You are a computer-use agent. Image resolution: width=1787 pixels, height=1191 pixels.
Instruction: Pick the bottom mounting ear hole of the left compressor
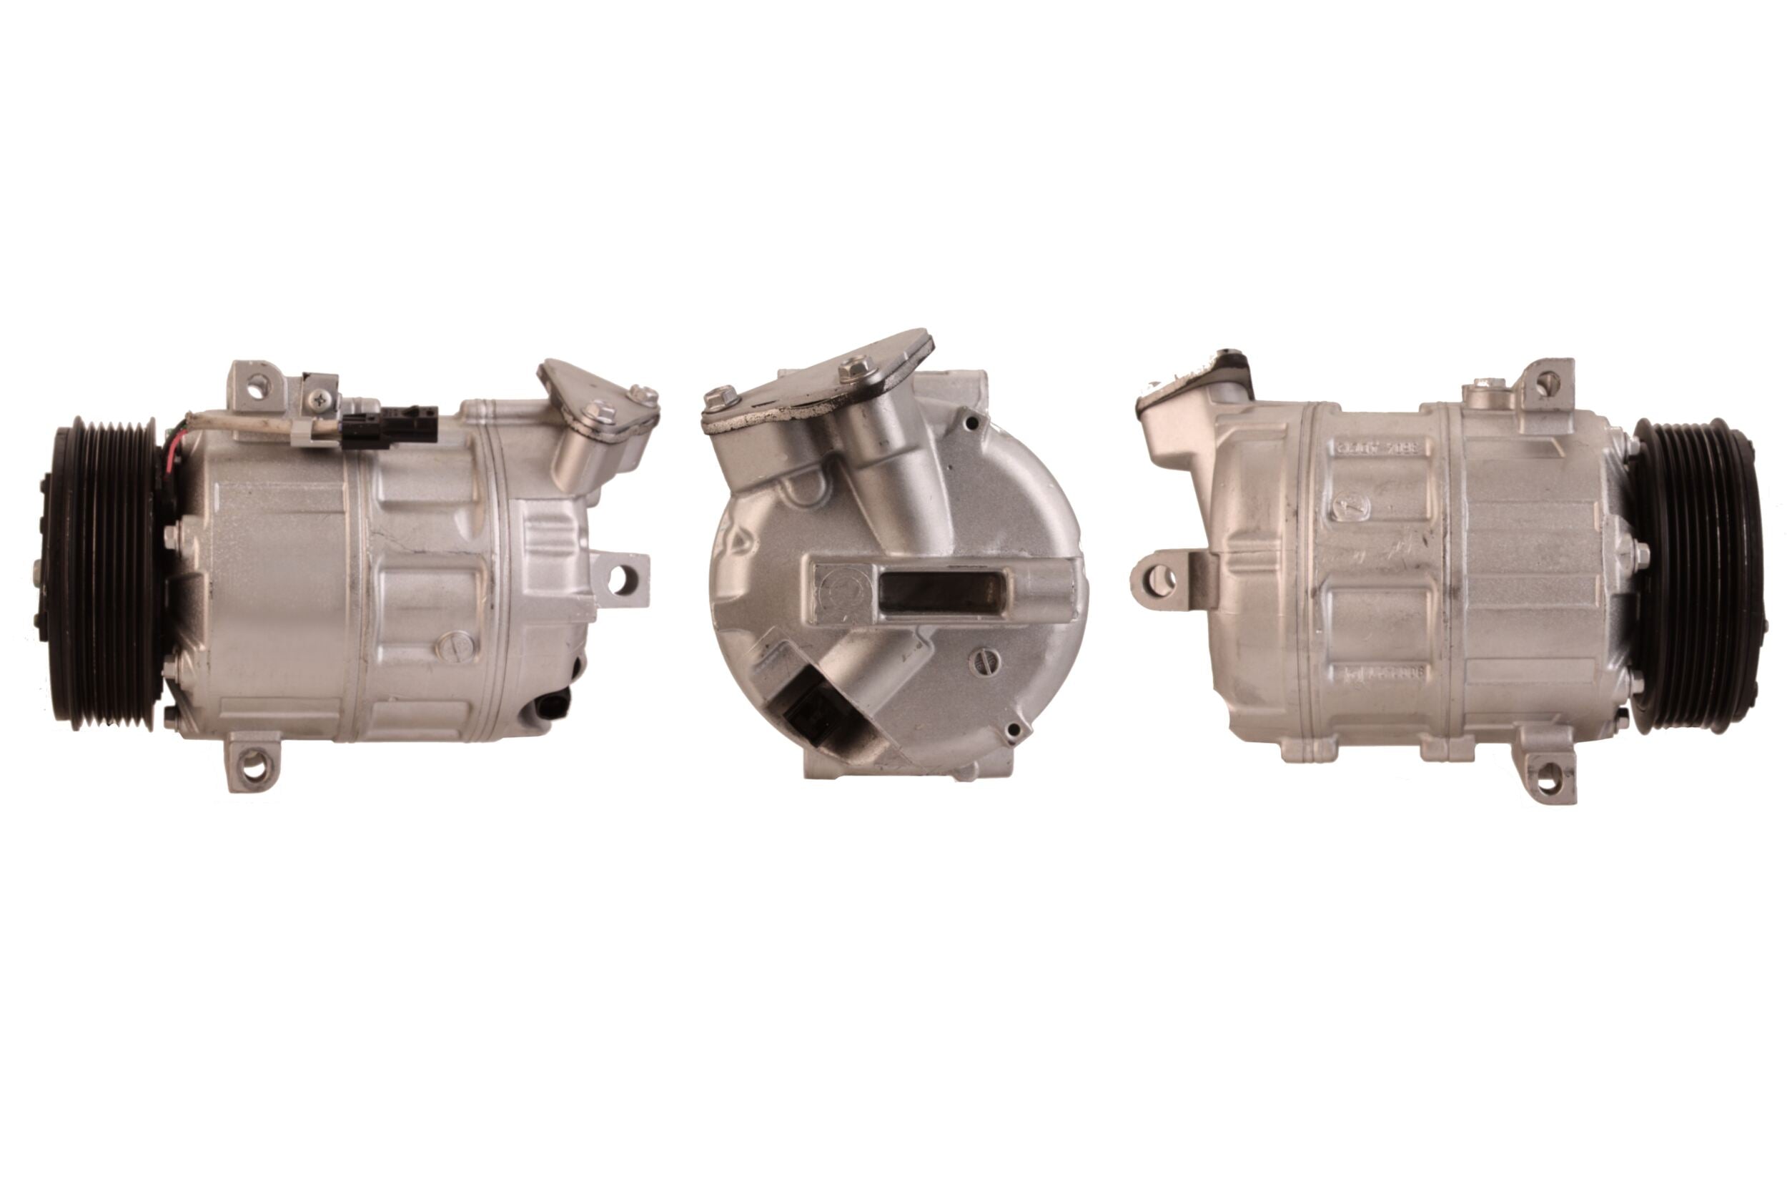click(253, 766)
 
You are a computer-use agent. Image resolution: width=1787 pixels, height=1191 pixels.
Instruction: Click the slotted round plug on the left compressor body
click(455, 646)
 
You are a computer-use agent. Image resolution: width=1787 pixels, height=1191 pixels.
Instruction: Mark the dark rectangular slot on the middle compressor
click(941, 593)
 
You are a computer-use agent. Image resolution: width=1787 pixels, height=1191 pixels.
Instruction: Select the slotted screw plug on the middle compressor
click(985, 661)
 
